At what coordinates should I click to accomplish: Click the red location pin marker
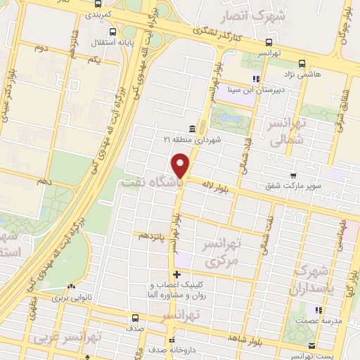182,166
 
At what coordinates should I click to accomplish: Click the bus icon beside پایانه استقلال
113,32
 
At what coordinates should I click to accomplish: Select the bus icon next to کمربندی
113,3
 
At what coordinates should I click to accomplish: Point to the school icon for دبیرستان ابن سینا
257,79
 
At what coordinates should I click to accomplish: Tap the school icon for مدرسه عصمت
318,309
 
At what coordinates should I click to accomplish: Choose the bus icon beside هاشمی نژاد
301,62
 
